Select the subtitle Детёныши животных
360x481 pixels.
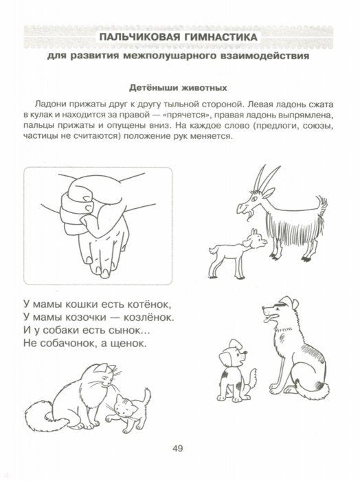[180, 87]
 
